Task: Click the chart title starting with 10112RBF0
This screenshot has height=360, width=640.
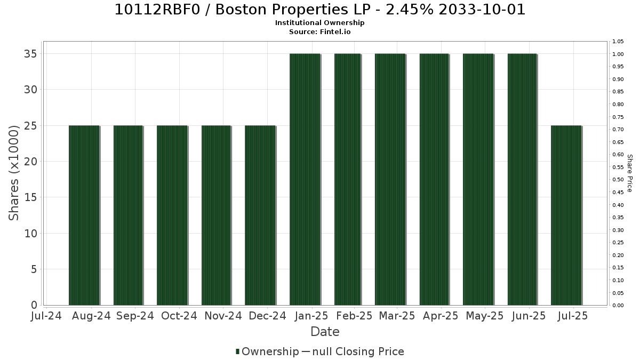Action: [319, 10]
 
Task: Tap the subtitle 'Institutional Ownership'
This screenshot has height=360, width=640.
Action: [319, 23]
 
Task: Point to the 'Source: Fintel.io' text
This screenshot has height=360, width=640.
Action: [319, 31]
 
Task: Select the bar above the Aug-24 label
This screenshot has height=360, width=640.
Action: [84, 215]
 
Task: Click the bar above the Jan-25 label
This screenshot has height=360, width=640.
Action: [305, 179]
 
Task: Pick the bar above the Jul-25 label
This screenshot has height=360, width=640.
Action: [566, 215]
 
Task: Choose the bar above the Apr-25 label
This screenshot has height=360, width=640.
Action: [434, 179]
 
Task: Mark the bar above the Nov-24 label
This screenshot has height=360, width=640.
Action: [217, 215]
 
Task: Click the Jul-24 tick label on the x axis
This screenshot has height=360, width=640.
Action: [46, 316]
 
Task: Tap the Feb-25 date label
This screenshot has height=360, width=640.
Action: [354, 316]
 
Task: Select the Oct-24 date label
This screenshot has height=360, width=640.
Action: [179, 316]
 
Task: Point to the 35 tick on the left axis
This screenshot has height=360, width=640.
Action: [30, 54]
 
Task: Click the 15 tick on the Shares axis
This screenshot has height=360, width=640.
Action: [30, 197]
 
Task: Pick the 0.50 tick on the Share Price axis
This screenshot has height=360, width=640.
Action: [618, 179]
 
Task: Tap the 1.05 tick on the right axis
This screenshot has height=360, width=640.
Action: [618, 42]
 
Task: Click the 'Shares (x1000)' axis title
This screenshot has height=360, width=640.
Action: [13, 173]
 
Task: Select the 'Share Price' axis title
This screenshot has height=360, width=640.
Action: [629, 173]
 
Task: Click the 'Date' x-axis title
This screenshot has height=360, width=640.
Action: [325, 332]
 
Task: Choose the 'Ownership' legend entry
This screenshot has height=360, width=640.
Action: [267, 351]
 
